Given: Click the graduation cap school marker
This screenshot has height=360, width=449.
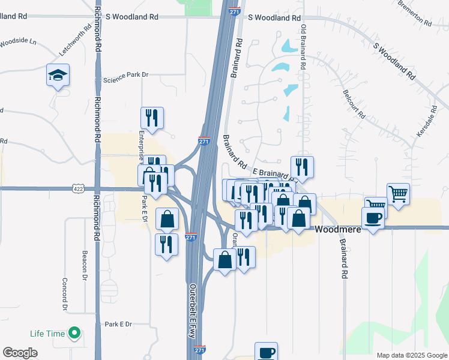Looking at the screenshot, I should pos(58,76).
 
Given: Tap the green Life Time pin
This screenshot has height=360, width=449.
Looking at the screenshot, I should pos(74,332).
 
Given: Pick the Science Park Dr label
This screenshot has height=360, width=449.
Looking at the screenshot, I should pos(125,79).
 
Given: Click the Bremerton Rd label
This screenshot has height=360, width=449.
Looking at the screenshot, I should pos(415,13).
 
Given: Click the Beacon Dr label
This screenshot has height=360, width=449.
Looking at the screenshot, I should pos(85,264).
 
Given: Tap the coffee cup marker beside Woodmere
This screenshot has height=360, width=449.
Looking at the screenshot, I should pos(373,218).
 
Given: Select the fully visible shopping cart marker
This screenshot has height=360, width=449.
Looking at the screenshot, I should pos(398,194).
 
